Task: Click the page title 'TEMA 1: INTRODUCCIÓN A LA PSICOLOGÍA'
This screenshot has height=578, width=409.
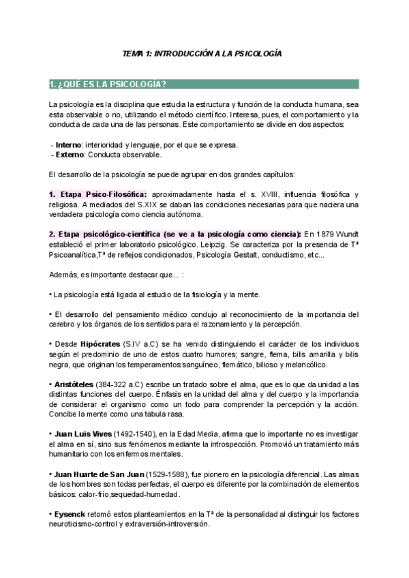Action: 201,52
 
